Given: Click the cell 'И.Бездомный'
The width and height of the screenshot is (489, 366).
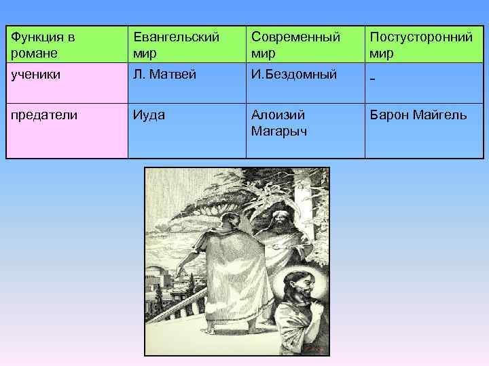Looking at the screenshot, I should pos(294,75).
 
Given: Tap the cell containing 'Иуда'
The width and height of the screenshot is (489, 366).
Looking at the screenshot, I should pos(149,115).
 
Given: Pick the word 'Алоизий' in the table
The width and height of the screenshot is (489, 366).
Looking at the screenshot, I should pos(277,115).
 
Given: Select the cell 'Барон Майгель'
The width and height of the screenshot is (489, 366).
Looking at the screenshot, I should pos(418,115).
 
